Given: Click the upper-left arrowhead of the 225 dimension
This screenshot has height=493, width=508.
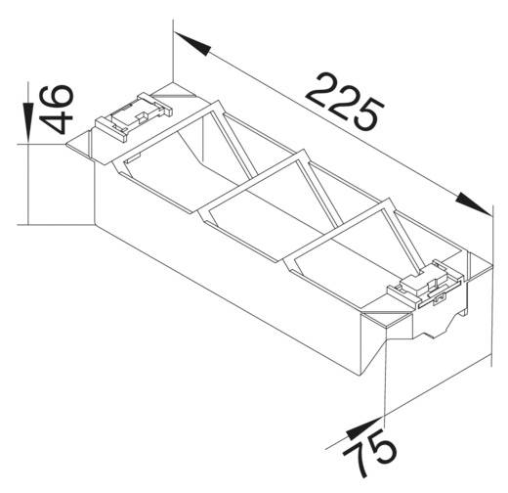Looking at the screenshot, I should pyautogui.click(x=191, y=44).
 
